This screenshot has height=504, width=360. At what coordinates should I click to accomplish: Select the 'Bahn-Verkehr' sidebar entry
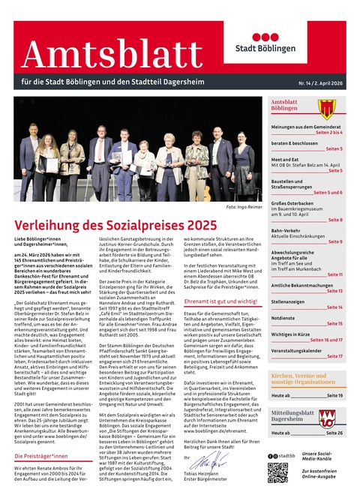286,230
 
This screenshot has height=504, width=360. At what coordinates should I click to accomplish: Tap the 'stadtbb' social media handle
286,455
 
